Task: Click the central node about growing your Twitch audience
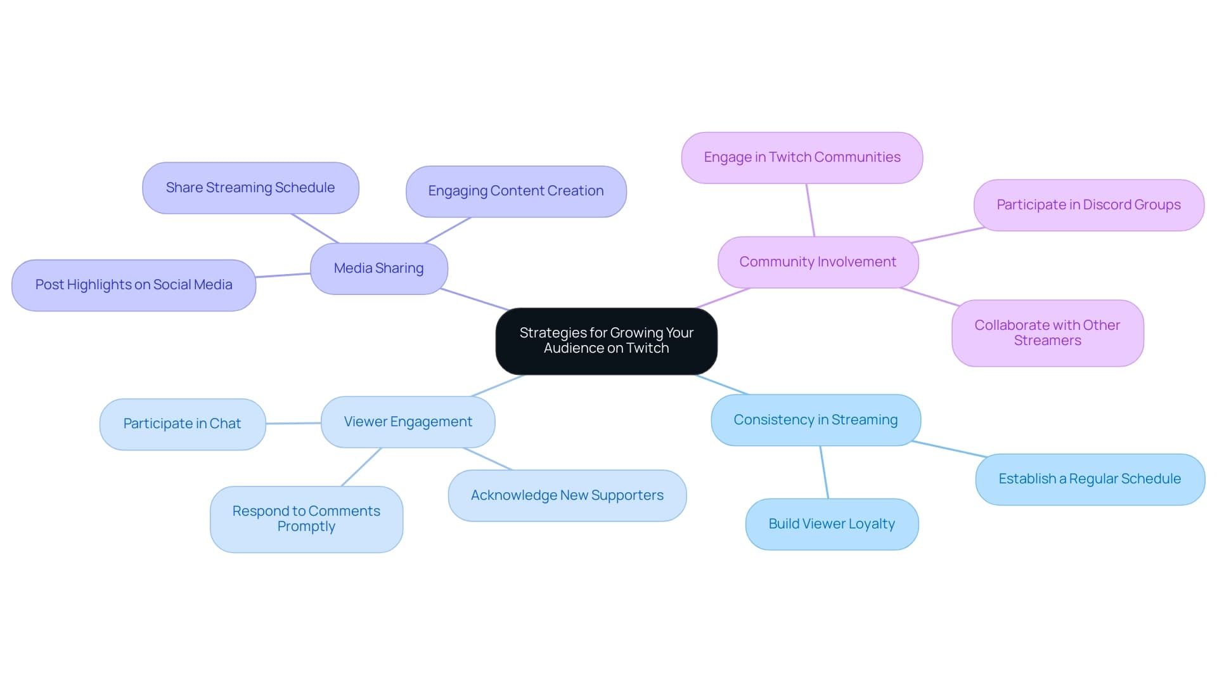pyautogui.click(x=606, y=341)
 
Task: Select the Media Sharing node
pyautogui.click(x=378, y=268)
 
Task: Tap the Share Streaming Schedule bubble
pyautogui.click(x=250, y=188)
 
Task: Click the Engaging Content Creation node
pyautogui.click(x=515, y=191)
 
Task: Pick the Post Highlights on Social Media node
pyautogui.click(x=134, y=285)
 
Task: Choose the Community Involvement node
pyautogui.click(x=817, y=262)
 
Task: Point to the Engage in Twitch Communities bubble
pyautogui.click(x=801, y=157)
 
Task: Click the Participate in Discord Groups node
pyautogui.click(x=1088, y=205)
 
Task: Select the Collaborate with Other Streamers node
pyautogui.click(x=1047, y=333)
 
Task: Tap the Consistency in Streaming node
pyautogui.click(x=815, y=420)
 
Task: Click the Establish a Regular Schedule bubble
pyautogui.click(x=1089, y=479)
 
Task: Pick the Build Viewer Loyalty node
pyautogui.click(x=831, y=524)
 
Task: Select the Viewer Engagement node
pyautogui.click(x=408, y=422)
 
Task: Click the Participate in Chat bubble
pyautogui.click(x=182, y=424)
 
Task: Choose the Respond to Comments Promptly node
pyautogui.click(x=306, y=519)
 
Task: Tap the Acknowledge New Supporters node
pyautogui.click(x=567, y=495)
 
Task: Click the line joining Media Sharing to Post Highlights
pyautogui.click(x=283, y=275)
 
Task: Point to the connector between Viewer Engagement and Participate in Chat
pyautogui.click(x=293, y=423)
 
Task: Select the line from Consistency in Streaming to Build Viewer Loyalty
pyautogui.click(x=824, y=472)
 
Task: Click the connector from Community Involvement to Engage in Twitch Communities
pyautogui.click(x=810, y=210)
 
